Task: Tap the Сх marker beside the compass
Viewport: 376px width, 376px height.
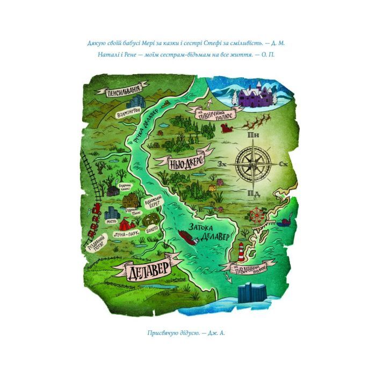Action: tap(284, 164)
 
